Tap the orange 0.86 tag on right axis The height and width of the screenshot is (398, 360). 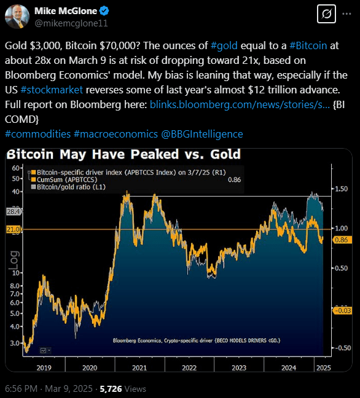(341, 241)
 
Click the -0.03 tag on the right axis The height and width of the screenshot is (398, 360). (341, 311)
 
